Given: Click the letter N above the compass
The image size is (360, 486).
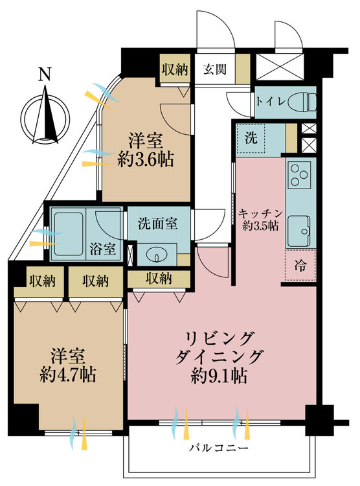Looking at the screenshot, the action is click(45, 75).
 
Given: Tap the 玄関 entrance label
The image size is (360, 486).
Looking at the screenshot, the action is click(215, 69).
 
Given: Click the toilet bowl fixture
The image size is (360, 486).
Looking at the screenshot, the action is click(302, 102).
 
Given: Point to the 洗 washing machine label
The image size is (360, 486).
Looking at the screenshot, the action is click(251, 138).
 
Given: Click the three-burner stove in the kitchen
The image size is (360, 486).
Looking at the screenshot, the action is click(299, 174).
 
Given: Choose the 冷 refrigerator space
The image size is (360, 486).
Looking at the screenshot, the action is click(300, 265).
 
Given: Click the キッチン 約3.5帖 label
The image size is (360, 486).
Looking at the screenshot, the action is click(260, 220).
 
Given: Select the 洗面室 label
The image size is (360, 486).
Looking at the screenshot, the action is click(158, 224).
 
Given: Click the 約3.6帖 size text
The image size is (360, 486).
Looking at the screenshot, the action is click(145, 160).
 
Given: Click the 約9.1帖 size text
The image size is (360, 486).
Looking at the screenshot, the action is click(219, 376).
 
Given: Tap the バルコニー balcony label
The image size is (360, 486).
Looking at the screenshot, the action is click(219, 448).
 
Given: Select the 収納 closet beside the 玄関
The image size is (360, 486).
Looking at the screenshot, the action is click(175, 70).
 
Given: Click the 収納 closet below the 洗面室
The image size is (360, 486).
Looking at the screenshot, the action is click(159, 279).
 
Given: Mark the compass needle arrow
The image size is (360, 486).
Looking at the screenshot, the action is click(46, 115).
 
